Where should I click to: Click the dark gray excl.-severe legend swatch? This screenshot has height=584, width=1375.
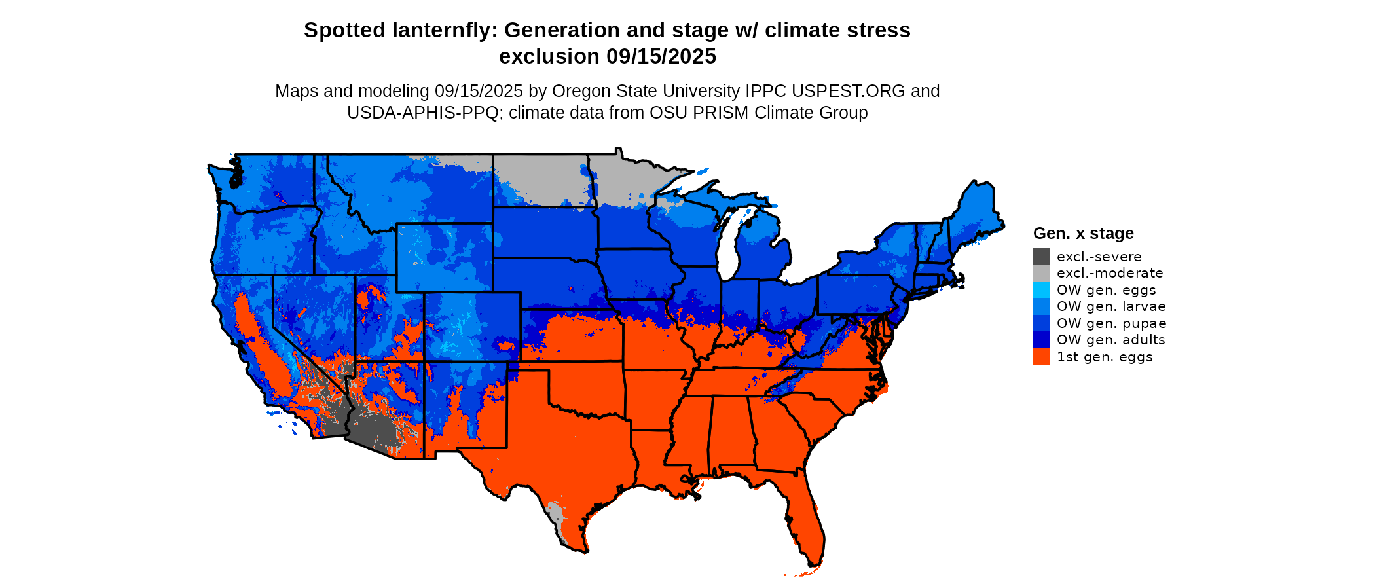tap(1041, 257)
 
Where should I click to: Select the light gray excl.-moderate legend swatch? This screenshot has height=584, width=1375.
tap(1041, 273)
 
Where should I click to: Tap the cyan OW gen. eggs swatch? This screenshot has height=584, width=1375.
tap(1041, 290)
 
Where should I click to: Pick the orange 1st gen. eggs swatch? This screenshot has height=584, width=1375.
tap(1041, 357)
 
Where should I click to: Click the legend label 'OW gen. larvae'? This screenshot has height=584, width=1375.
tap(1111, 306)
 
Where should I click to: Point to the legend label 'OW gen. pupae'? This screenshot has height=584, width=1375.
tap(1111, 323)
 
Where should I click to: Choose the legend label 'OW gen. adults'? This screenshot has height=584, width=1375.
tap(1110, 340)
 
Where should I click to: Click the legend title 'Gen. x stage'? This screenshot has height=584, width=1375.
tap(1083, 233)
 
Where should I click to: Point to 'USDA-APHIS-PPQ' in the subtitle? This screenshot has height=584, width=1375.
tap(423, 113)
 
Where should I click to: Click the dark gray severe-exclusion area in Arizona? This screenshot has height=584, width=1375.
tap(373, 429)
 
